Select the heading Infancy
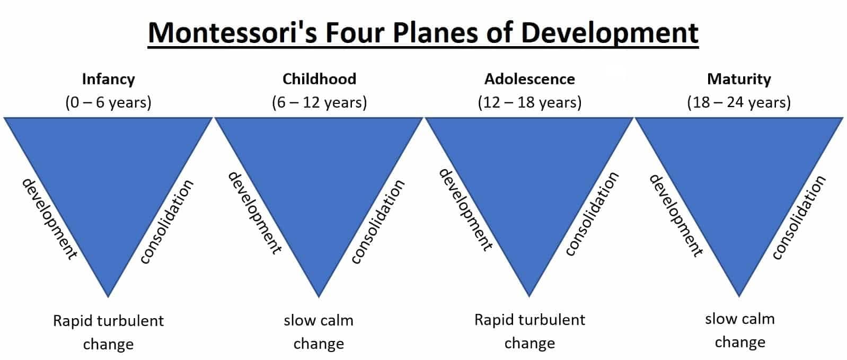point(108,79)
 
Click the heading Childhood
point(319,79)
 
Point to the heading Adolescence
point(530,79)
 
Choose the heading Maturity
point(739,79)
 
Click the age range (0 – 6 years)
point(108,102)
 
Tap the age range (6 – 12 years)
point(319,102)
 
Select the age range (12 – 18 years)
point(530,102)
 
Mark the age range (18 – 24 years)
point(739,102)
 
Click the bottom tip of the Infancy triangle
point(108,294)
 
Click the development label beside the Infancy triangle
point(49,218)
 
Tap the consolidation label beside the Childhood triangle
point(378,222)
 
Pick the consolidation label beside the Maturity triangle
point(799,217)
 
